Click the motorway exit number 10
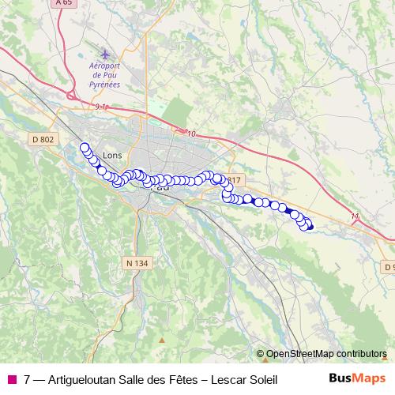pyautogui.click(x=191, y=134)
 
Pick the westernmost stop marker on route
pyautogui.click(x=85, y=147)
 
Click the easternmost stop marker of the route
pyautogui.click(x=309, y=228)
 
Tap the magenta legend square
pyautogui.click(x=11, y=379)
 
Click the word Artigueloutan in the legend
pyautogui.click(x=85, y=379)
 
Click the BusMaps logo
pyautogui.click(x=357, y=378)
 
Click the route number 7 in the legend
pyautogui.click(x=28, y=379)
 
